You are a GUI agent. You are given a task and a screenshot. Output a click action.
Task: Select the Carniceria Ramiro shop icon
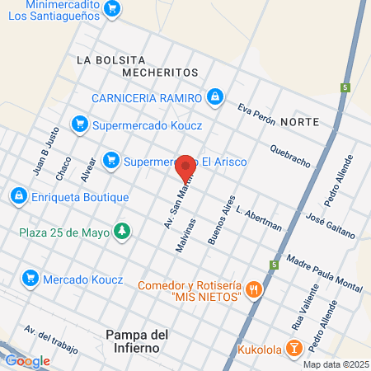tap(215, 97)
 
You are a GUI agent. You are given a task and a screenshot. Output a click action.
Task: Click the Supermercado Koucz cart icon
tap(80, 124)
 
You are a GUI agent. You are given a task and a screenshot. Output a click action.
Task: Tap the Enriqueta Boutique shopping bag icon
tap(17, 196)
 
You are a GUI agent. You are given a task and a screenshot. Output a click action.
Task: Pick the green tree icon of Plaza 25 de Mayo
tap(122, 231)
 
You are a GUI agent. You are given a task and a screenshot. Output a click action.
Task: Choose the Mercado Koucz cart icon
tap(30, 278)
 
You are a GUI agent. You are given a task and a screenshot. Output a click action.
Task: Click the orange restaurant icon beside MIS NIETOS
tap(254, 289)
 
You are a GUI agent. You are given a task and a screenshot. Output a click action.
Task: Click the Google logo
tap(27, 360)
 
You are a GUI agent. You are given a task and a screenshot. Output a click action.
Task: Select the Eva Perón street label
tap(255, 114)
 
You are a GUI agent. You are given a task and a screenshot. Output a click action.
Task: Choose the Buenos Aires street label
tap(222, 220)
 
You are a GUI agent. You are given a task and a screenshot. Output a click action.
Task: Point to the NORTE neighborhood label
tap(299, 122)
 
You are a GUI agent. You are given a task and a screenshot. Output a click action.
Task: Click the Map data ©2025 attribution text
tap(335, 364)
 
